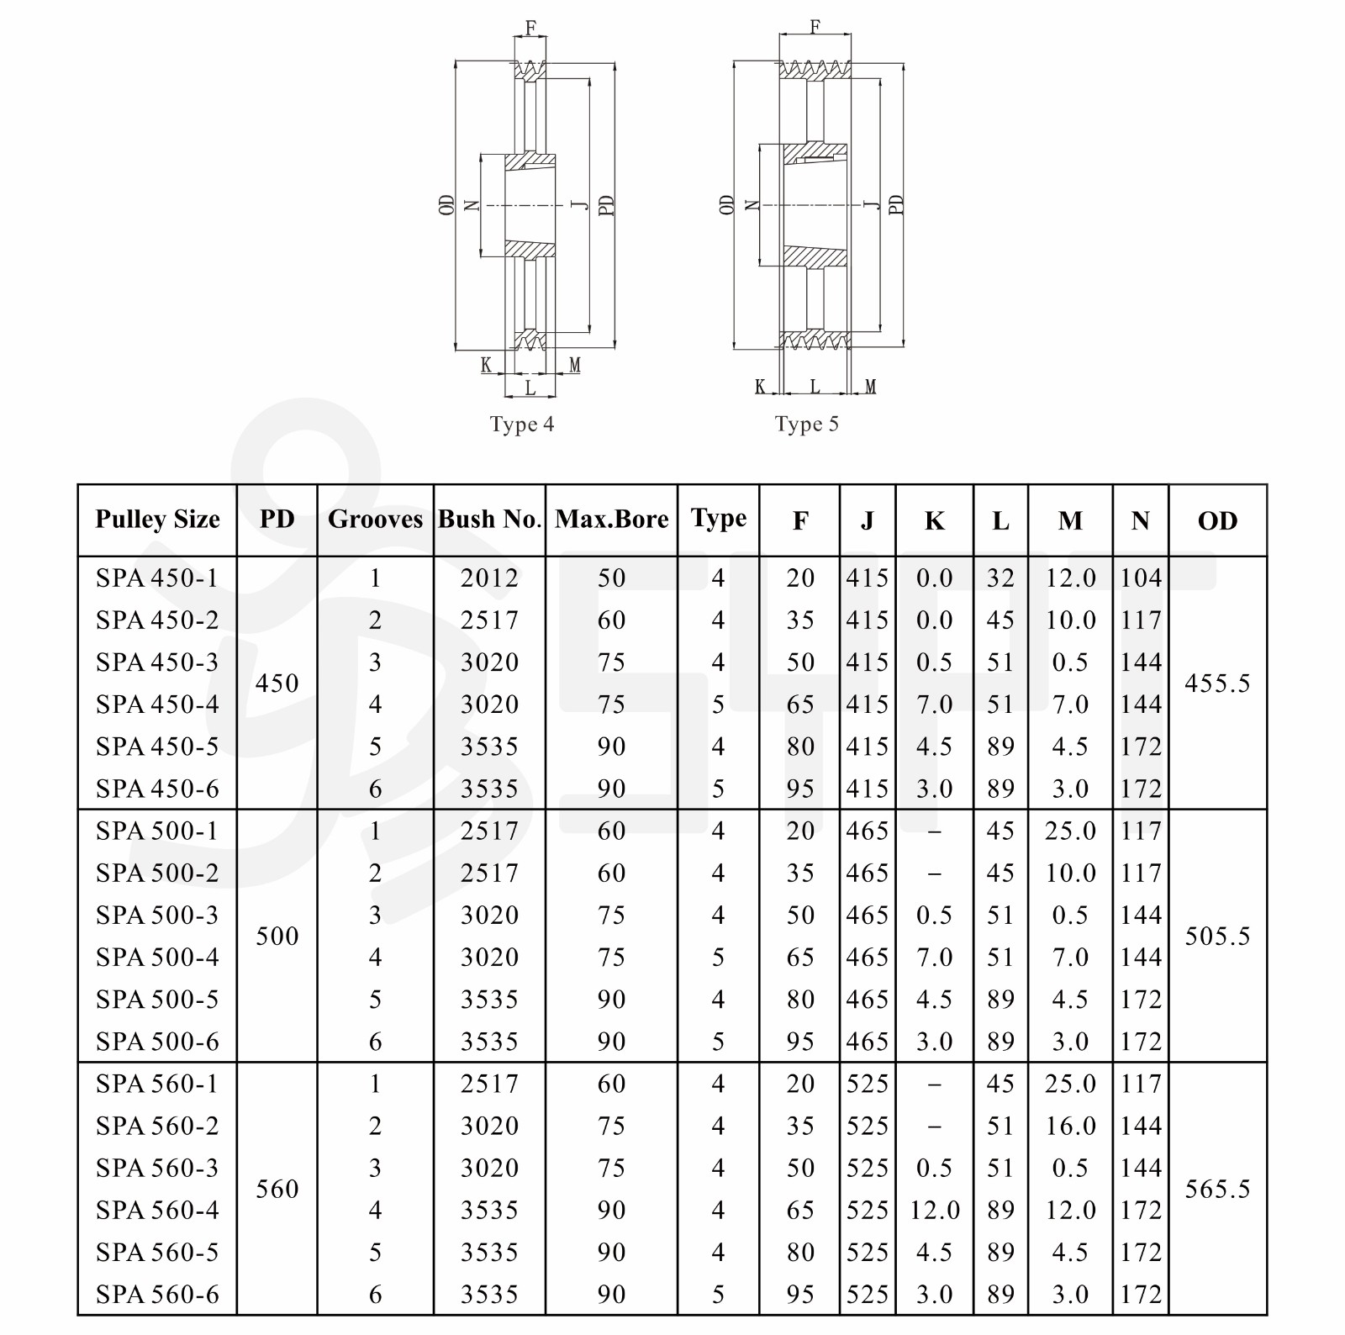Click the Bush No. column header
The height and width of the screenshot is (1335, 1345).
pos(489,520)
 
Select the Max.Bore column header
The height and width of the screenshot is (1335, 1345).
pos(611,520)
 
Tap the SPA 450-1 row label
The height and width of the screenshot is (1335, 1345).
pos(157,578)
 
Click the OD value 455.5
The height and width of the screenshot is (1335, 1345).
pos(1217,683)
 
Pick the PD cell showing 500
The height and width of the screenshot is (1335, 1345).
pos(277,937)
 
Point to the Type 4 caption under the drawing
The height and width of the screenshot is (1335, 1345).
pos(522,425)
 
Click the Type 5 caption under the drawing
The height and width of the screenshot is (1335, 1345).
pos(807,425)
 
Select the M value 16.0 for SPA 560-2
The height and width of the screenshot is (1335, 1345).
pos(1070,1127)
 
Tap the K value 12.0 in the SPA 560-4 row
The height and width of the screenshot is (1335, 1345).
pos(934,1211)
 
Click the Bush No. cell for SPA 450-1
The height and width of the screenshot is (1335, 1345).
pos(489,578)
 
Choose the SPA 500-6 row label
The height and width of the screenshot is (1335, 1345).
pos(157,1042)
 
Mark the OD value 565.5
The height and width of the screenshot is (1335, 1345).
pos(1217,1190)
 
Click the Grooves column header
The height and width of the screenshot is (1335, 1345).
pos(375,520)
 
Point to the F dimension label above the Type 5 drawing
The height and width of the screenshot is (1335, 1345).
pos(815,27)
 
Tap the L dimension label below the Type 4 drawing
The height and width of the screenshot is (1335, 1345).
pos(530,388)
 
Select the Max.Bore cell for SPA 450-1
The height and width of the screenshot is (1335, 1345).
pos(611,578)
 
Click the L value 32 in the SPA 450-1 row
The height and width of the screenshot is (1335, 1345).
pos(1000,578)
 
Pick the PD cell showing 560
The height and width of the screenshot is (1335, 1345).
pos(277,1190)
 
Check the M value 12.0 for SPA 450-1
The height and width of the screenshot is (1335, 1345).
pos(1070,578)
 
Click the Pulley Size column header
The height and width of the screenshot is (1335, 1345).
pos(157,520)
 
